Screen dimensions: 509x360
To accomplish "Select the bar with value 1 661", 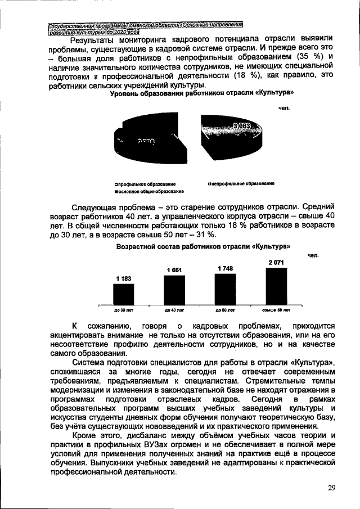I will pyautogui.click(x=174, y=290).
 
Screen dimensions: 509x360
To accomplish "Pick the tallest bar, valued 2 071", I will pyautogui.click(x=276, y=286).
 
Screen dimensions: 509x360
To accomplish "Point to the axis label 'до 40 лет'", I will pyautogui.click(x=174, y=310).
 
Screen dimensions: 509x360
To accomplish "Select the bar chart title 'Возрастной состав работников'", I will pyautogui.click(x=202, y=246).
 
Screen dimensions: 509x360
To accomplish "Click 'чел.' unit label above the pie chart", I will pyautogui.click(x=283, y=106).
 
